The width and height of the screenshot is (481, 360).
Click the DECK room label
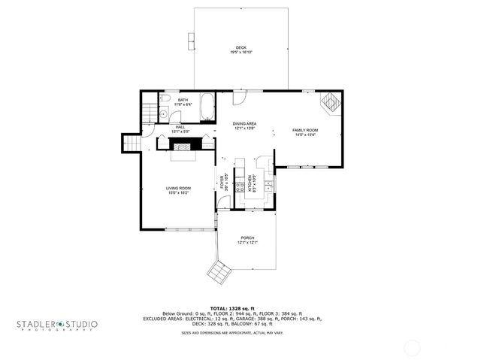[x=240, y=47]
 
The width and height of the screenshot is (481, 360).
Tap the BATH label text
[x=183, y=99]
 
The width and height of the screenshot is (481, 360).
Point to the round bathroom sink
[x=162, y=114]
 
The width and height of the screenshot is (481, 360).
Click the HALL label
[x=180, y=127]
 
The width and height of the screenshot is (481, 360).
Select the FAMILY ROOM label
[x=305, y=130]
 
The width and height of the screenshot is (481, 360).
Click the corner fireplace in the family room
[x=330, y=101]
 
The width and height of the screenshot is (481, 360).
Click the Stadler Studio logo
[x=57, y=325]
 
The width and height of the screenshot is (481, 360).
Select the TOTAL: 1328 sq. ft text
[x=232, y=309]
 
